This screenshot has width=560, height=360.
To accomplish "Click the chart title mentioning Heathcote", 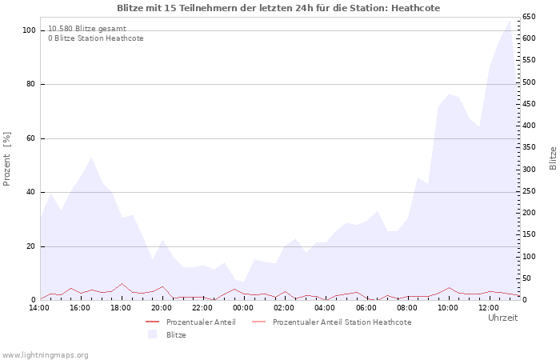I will (278, 8).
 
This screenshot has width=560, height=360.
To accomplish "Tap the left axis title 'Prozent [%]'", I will (7, 158).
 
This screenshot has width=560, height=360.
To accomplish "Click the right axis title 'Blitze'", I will (553, 158).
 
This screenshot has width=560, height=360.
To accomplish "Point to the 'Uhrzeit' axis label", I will (502, 318).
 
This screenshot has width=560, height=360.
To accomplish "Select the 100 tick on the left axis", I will (30, 30).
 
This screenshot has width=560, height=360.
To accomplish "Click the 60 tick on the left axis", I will (32, 138).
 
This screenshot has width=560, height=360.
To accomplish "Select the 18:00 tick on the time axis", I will (121, 307).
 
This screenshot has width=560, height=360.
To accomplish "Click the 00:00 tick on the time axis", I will (243, 307).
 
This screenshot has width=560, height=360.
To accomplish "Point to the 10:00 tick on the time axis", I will (447, 307).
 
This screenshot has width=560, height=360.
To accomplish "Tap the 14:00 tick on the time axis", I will (39, 307).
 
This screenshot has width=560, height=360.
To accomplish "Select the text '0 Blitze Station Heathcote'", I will (96, 38).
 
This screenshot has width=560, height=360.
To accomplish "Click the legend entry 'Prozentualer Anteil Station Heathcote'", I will (342, 322).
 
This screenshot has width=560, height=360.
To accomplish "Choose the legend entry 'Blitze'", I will (176, 334).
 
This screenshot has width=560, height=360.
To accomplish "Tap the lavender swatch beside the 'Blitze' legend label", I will (152, 334).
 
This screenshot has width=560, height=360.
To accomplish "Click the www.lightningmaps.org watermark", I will (45, 354).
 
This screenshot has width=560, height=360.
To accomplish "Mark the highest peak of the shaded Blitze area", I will (510, 20).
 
